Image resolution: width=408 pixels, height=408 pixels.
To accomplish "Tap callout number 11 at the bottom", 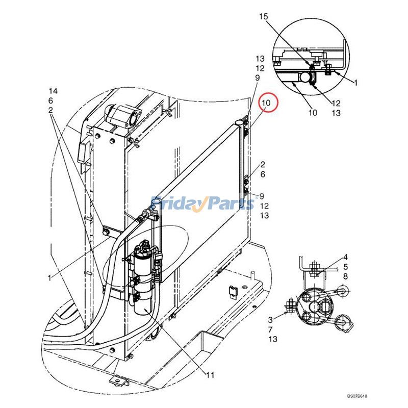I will (x=210, y=375).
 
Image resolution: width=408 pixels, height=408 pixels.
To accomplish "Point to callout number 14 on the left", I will (x=53, y=91).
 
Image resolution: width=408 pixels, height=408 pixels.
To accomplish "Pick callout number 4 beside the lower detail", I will (x=345, y=257).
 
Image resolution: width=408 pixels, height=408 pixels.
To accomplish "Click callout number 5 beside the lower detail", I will (x=345, y=267).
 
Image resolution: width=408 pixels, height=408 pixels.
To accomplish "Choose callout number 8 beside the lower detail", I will (x=345, y=276).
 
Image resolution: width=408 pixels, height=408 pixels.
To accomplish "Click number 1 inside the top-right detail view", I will (x=355, y=82).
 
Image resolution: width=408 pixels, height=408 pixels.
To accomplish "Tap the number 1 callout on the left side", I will (x=49, y=278).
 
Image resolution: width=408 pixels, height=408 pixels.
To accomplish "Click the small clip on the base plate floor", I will (x=233, y=291).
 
